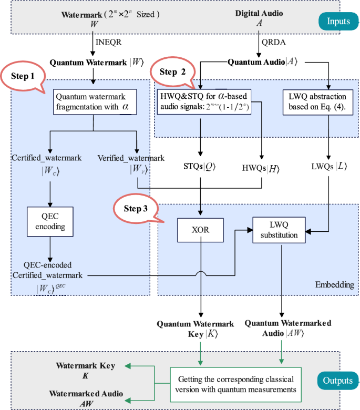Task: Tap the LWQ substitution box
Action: tap(279, 230)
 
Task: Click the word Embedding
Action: tap(334, 284)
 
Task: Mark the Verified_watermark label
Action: tap(131, 158)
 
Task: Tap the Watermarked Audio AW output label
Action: tap(85, 398)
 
